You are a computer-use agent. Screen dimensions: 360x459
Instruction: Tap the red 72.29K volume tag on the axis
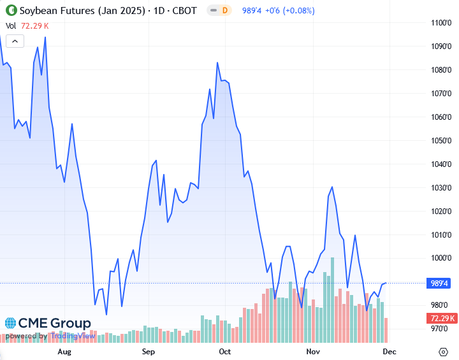(442, 319)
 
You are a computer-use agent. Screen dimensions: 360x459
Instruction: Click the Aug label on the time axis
(64, 351)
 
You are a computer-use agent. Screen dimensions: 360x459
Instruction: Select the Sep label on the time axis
(148, 351)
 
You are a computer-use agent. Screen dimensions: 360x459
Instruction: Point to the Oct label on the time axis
(224, 351)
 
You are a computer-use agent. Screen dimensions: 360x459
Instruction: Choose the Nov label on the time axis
(312, 351)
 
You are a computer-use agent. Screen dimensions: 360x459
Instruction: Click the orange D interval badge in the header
(224, 11)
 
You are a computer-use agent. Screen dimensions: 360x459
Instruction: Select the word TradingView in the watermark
(72, 336)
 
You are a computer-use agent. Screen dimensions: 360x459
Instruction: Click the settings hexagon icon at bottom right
(444, 352)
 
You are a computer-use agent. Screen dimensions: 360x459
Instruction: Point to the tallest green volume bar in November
(333, 299)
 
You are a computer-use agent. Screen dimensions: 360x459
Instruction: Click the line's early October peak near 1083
(217, 62)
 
